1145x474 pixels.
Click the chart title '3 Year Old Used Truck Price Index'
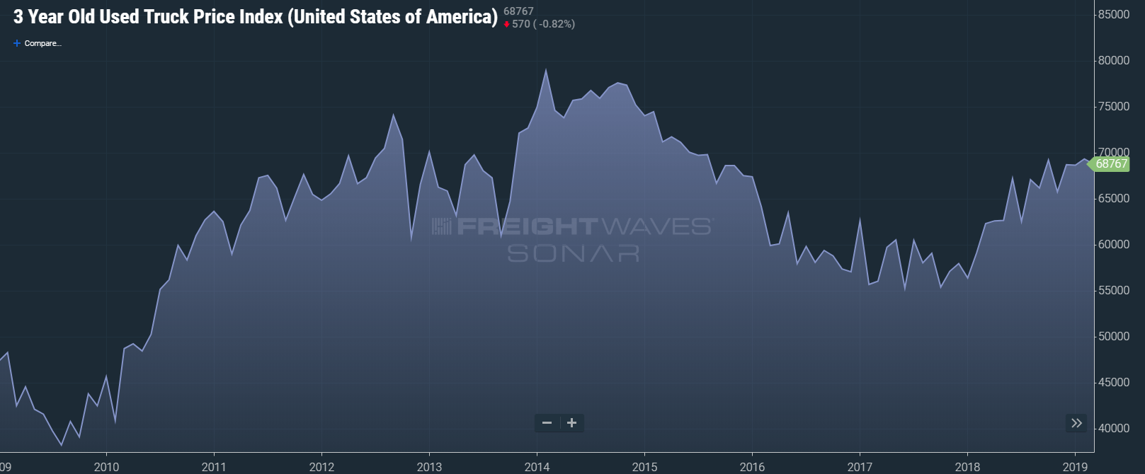148,17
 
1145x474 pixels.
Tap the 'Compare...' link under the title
43,43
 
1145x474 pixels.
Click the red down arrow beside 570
506,25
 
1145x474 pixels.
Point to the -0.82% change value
554,24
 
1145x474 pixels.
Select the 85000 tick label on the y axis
1113,14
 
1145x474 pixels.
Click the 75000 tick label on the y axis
1113,106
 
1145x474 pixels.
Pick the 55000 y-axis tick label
1113,290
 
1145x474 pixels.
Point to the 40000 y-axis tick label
1113,428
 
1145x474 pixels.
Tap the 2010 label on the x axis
106,467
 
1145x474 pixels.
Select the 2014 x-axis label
537,467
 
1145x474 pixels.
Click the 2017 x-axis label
860,467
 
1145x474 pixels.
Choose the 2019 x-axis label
1075,467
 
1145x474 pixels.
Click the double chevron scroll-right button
1076,423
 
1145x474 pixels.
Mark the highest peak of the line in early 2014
546,69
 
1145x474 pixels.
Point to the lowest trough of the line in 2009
62,445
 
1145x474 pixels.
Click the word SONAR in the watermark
573,253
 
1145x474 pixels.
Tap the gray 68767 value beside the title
518,11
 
